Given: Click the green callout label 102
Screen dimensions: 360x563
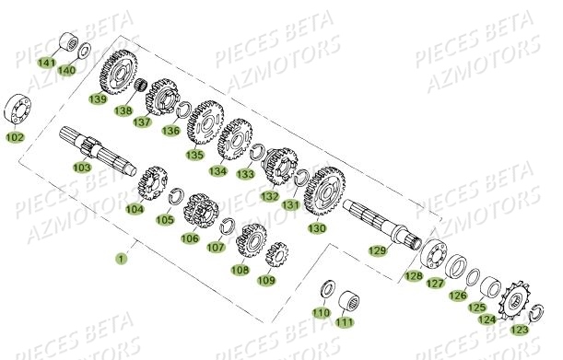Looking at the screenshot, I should click(x=16, y=137).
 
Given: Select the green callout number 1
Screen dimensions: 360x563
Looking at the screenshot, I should click(x=121, y=259).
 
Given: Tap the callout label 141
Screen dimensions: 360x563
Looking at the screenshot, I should click(x=46, y=62).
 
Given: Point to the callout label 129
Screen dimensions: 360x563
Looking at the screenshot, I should click(x=377, y=250).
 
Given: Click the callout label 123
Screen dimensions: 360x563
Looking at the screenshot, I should click(x=520, y=330).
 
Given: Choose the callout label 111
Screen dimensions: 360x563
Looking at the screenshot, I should click(x=344, y=322).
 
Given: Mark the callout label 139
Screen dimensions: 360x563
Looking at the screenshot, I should click(x=97, y=99).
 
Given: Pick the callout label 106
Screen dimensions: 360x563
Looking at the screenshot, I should click(x=190, y=238).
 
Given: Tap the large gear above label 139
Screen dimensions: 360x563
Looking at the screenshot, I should click(x=116, y=67).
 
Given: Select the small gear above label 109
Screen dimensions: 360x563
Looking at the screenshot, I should click(x=275, y=253).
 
